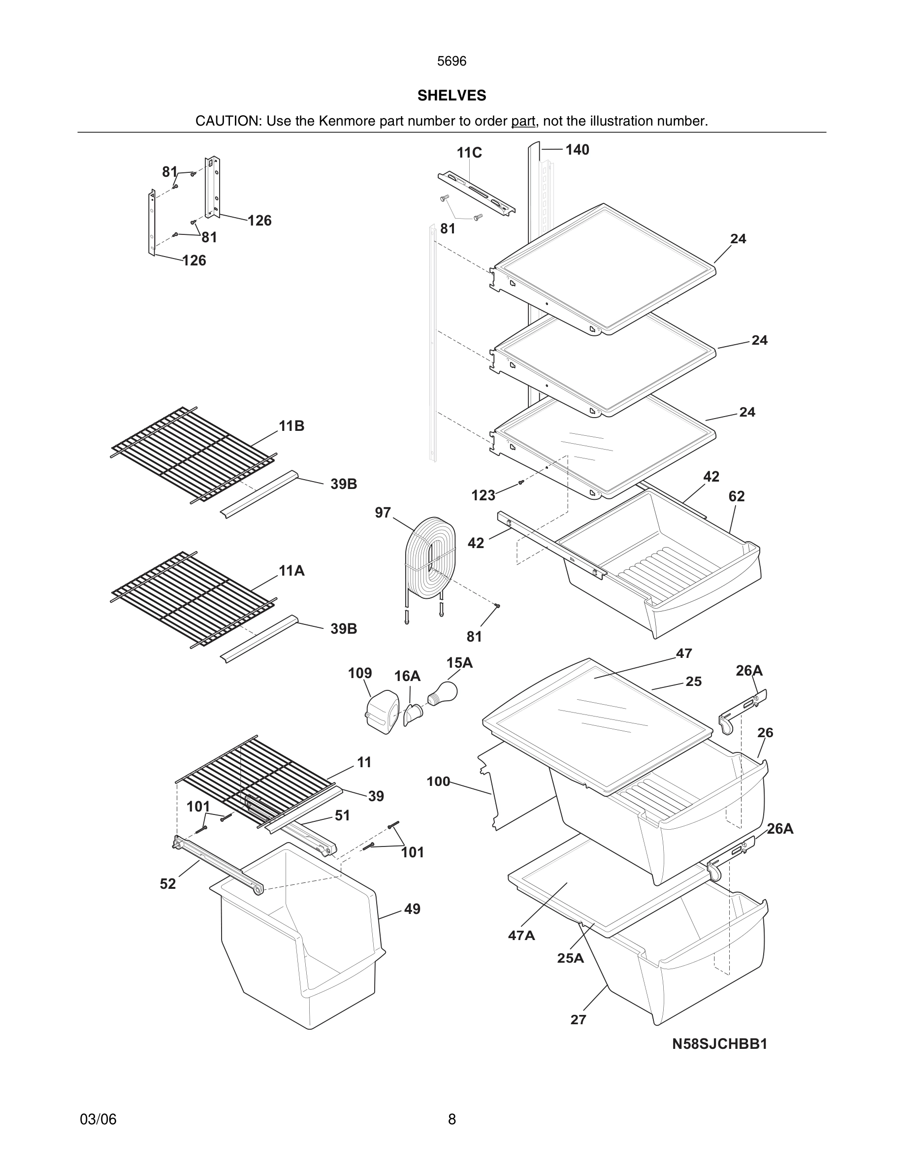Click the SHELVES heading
coord(452,96)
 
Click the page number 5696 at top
coord(452,62)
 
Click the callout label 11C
coord(469,153)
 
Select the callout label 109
coord(360,674)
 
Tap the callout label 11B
coord(291,426)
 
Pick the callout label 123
coord(483,495)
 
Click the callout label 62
coord(737,496)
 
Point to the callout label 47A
coord(521,935)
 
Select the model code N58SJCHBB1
coord(720,1043)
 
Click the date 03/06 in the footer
coord(98,1119)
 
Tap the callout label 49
coord(412,909)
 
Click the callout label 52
coord(167,884)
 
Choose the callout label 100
coord(438,781)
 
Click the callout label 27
coord(579,1019)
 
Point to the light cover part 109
coord(383,712)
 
